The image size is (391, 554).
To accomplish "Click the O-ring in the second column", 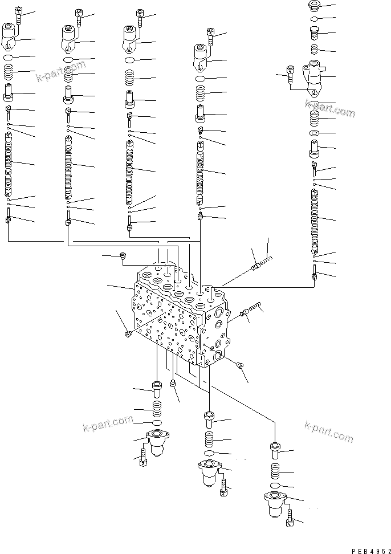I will point(68,60).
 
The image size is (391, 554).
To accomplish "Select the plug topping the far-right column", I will point(312,6).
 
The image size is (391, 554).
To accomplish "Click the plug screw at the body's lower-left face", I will point(129,334).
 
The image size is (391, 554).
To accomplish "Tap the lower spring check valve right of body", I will point(250,309).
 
